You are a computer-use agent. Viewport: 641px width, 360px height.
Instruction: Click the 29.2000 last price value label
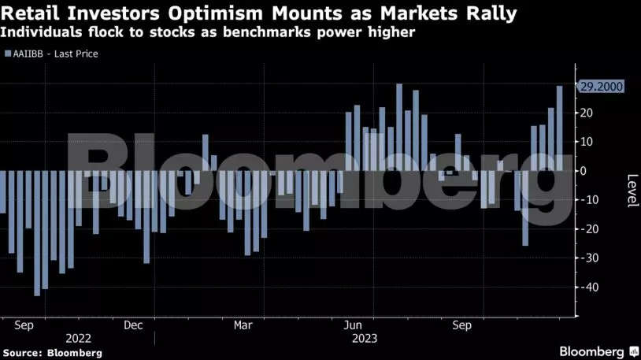pyautogui.click(x=601, y=87)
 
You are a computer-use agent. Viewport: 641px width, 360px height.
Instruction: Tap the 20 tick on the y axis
pyautogui.click(x=586, y=113)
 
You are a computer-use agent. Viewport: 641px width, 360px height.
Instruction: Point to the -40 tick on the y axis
pyautogui.click(x=588, y=288)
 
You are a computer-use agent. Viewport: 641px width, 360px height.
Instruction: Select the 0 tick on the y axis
pyautogui.click(x=583, y=171)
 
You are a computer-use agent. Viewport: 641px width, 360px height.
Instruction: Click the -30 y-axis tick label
pyautogui.click(x=588, y=258)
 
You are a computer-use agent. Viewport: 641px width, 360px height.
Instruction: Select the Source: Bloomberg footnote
pyautogui.click(x=51, y=353)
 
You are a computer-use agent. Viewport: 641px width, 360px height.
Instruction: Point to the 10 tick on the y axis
pyautogui.click(x=586, y=142)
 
